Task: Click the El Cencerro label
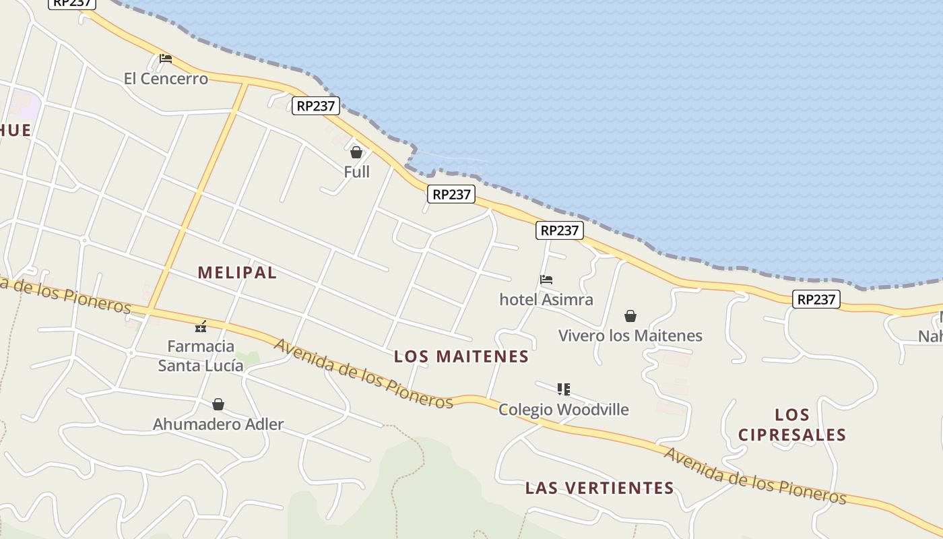click(x=166, y=79)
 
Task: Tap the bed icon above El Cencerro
click(x=166, y=59)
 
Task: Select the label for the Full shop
click(x=356, y=172)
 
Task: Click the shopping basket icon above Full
click(x=356, y=152)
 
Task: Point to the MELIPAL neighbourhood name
click(x=237, y=273)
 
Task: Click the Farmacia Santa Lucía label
click(x=201, y=356)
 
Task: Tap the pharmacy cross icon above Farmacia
click(x=201, y=327)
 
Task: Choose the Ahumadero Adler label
click(x=218, y=424)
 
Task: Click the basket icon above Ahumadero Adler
click(x=218, y=404)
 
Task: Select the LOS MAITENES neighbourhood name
click(x=461, y=356)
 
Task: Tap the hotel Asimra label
click(x=546, y=299)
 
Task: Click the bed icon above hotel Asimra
click(x=546, y=280)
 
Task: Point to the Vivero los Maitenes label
click(x=630, y=336)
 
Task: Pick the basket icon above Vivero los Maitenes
click(x=630, y=316)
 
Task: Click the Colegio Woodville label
click(x=564, y=410)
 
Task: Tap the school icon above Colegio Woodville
click(x=564, y=389)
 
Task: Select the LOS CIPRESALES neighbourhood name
click(x=792, y=424)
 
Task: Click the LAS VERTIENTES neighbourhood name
click(x=599, y=488)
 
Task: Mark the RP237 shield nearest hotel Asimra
click(x=560, y=230)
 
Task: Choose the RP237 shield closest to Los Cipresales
click(x=816, y=299)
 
